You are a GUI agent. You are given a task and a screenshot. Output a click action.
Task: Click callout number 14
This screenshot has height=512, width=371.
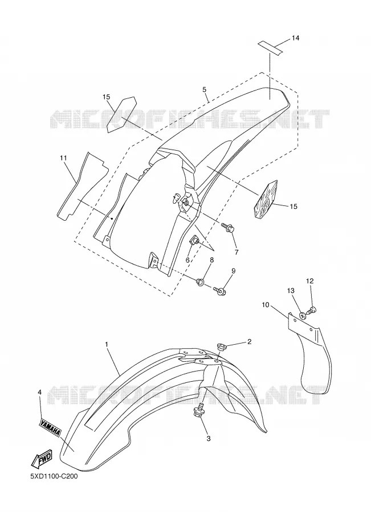click(295, 38)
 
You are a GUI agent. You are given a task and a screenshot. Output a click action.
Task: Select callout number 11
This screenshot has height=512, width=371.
click(63, 158)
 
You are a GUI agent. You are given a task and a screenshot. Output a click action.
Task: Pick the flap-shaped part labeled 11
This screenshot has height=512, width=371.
click(82, 186)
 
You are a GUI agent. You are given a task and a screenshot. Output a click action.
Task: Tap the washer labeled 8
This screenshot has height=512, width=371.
click(200, 282)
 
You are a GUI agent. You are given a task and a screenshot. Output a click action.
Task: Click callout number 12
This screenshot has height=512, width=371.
click(309, 281)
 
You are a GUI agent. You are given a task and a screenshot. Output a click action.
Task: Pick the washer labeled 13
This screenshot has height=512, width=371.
click(303, 315)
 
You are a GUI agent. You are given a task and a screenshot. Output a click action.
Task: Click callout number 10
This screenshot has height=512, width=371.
click(266, 305)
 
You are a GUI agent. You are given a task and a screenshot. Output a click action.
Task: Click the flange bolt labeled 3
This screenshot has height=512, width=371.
click(199, 410)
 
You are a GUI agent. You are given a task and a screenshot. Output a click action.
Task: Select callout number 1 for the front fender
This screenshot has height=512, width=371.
click(107, 344)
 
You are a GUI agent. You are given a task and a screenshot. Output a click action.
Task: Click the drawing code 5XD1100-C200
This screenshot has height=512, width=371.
click(54, 486)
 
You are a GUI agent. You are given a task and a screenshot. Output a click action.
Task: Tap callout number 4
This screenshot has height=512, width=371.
click(39, 392)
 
